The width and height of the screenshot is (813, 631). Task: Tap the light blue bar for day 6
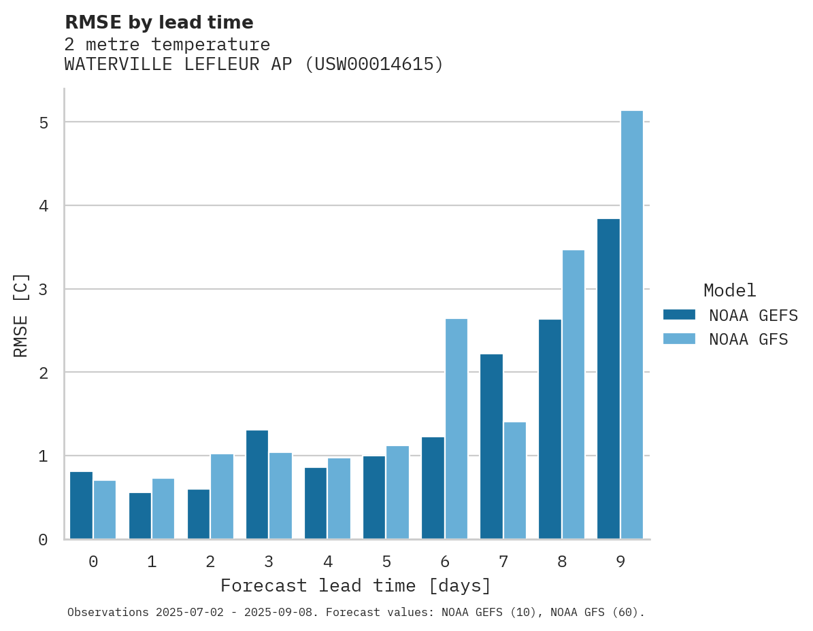[x=457, y=428]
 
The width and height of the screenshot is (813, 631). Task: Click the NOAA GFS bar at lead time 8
[x=574, y=394]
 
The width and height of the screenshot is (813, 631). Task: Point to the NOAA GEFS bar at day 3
[x=257, y=484]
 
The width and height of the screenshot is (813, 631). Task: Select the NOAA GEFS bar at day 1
[x=140, y=515]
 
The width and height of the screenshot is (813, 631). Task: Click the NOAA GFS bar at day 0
[x=105, y=509]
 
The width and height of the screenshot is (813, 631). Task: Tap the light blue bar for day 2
[x=222, y=496]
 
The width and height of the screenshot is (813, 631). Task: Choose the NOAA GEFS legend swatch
[x=679, y=315]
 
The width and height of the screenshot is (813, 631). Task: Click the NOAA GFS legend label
[x=748, y=339]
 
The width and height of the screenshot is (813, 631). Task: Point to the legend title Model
[x=729, y=290]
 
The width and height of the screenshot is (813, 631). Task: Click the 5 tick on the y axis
[x=44, y=123]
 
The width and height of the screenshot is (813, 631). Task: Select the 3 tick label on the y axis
[x=44, y=290]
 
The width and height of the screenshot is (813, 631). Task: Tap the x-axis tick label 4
[x=328, y=562]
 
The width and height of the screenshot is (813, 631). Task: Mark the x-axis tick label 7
[x=503, y=562]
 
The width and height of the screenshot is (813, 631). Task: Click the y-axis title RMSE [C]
[x=21, y=314]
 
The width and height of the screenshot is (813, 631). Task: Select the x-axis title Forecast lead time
[x=355, y=585]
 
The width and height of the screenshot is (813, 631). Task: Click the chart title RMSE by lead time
[x=159, y=22]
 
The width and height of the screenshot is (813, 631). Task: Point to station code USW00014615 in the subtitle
[x=373, y=65]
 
